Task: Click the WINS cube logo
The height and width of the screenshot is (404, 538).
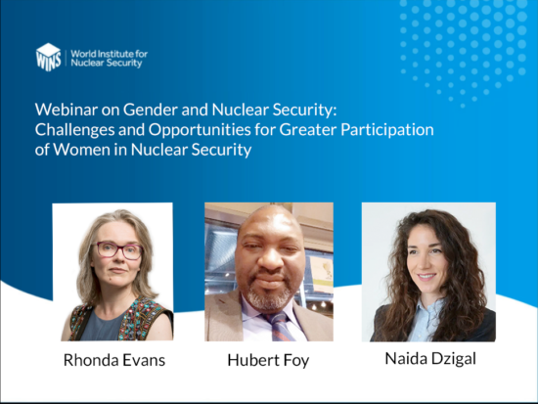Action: pos(48,57)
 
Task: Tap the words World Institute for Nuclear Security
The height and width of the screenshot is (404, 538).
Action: pos(110,59)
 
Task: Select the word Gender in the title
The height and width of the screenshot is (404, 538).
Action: pos(151,110)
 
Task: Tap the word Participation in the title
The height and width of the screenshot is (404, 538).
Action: pos(387,130)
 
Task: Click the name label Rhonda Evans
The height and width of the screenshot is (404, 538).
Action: pos(114,360)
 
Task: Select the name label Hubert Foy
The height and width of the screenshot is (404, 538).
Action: pos(268,361)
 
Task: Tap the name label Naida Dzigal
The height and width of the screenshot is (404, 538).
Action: pos(430,359)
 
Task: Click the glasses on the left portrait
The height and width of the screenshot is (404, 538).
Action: pos(117,250)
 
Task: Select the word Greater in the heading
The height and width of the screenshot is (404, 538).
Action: pos(308,130)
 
